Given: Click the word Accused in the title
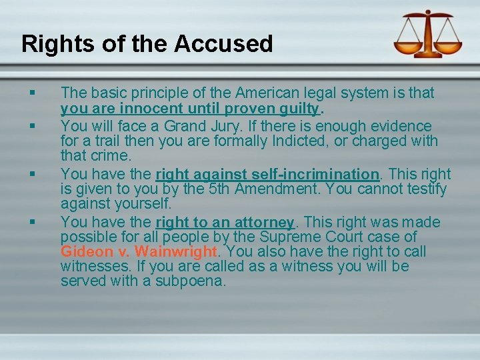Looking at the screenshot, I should (x=224, y=44).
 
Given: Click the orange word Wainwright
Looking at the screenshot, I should (x=176, y=252).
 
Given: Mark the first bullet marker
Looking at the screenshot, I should (x=31, y=93).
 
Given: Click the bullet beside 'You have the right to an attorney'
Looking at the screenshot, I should (x=31, y=222).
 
